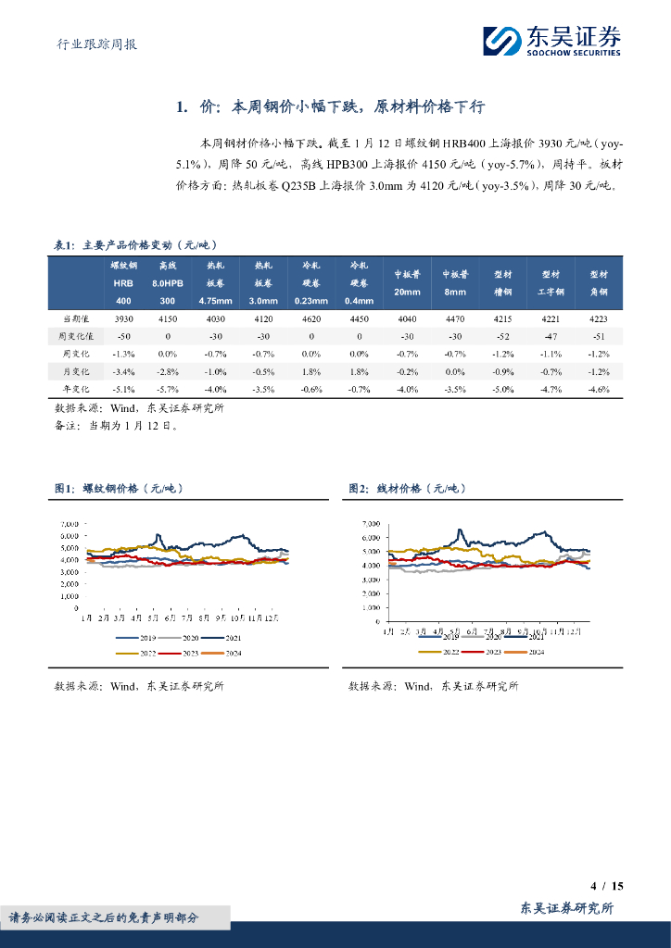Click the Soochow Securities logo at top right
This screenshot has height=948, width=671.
(x=552, y=40)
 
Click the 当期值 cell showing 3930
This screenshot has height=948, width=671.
(x=123, y=318)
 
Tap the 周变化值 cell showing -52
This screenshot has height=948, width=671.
(x=503, y=335)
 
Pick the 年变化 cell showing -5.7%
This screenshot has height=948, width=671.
(x=168, y=389)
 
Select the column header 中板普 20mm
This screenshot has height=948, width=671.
(x=407, y=282)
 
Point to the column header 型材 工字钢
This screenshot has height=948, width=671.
(x=551, y=282)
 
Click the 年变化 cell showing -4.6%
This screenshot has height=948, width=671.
(x=600, y=389)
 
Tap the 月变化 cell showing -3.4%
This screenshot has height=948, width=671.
(x=123, y=371)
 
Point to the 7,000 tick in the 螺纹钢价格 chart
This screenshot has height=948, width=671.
(x=69, y=524)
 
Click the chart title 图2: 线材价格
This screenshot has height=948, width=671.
(x=406, y=488)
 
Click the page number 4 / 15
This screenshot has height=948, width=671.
(x=608, y=886)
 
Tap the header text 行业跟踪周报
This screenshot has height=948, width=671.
(x=91, y=44)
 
